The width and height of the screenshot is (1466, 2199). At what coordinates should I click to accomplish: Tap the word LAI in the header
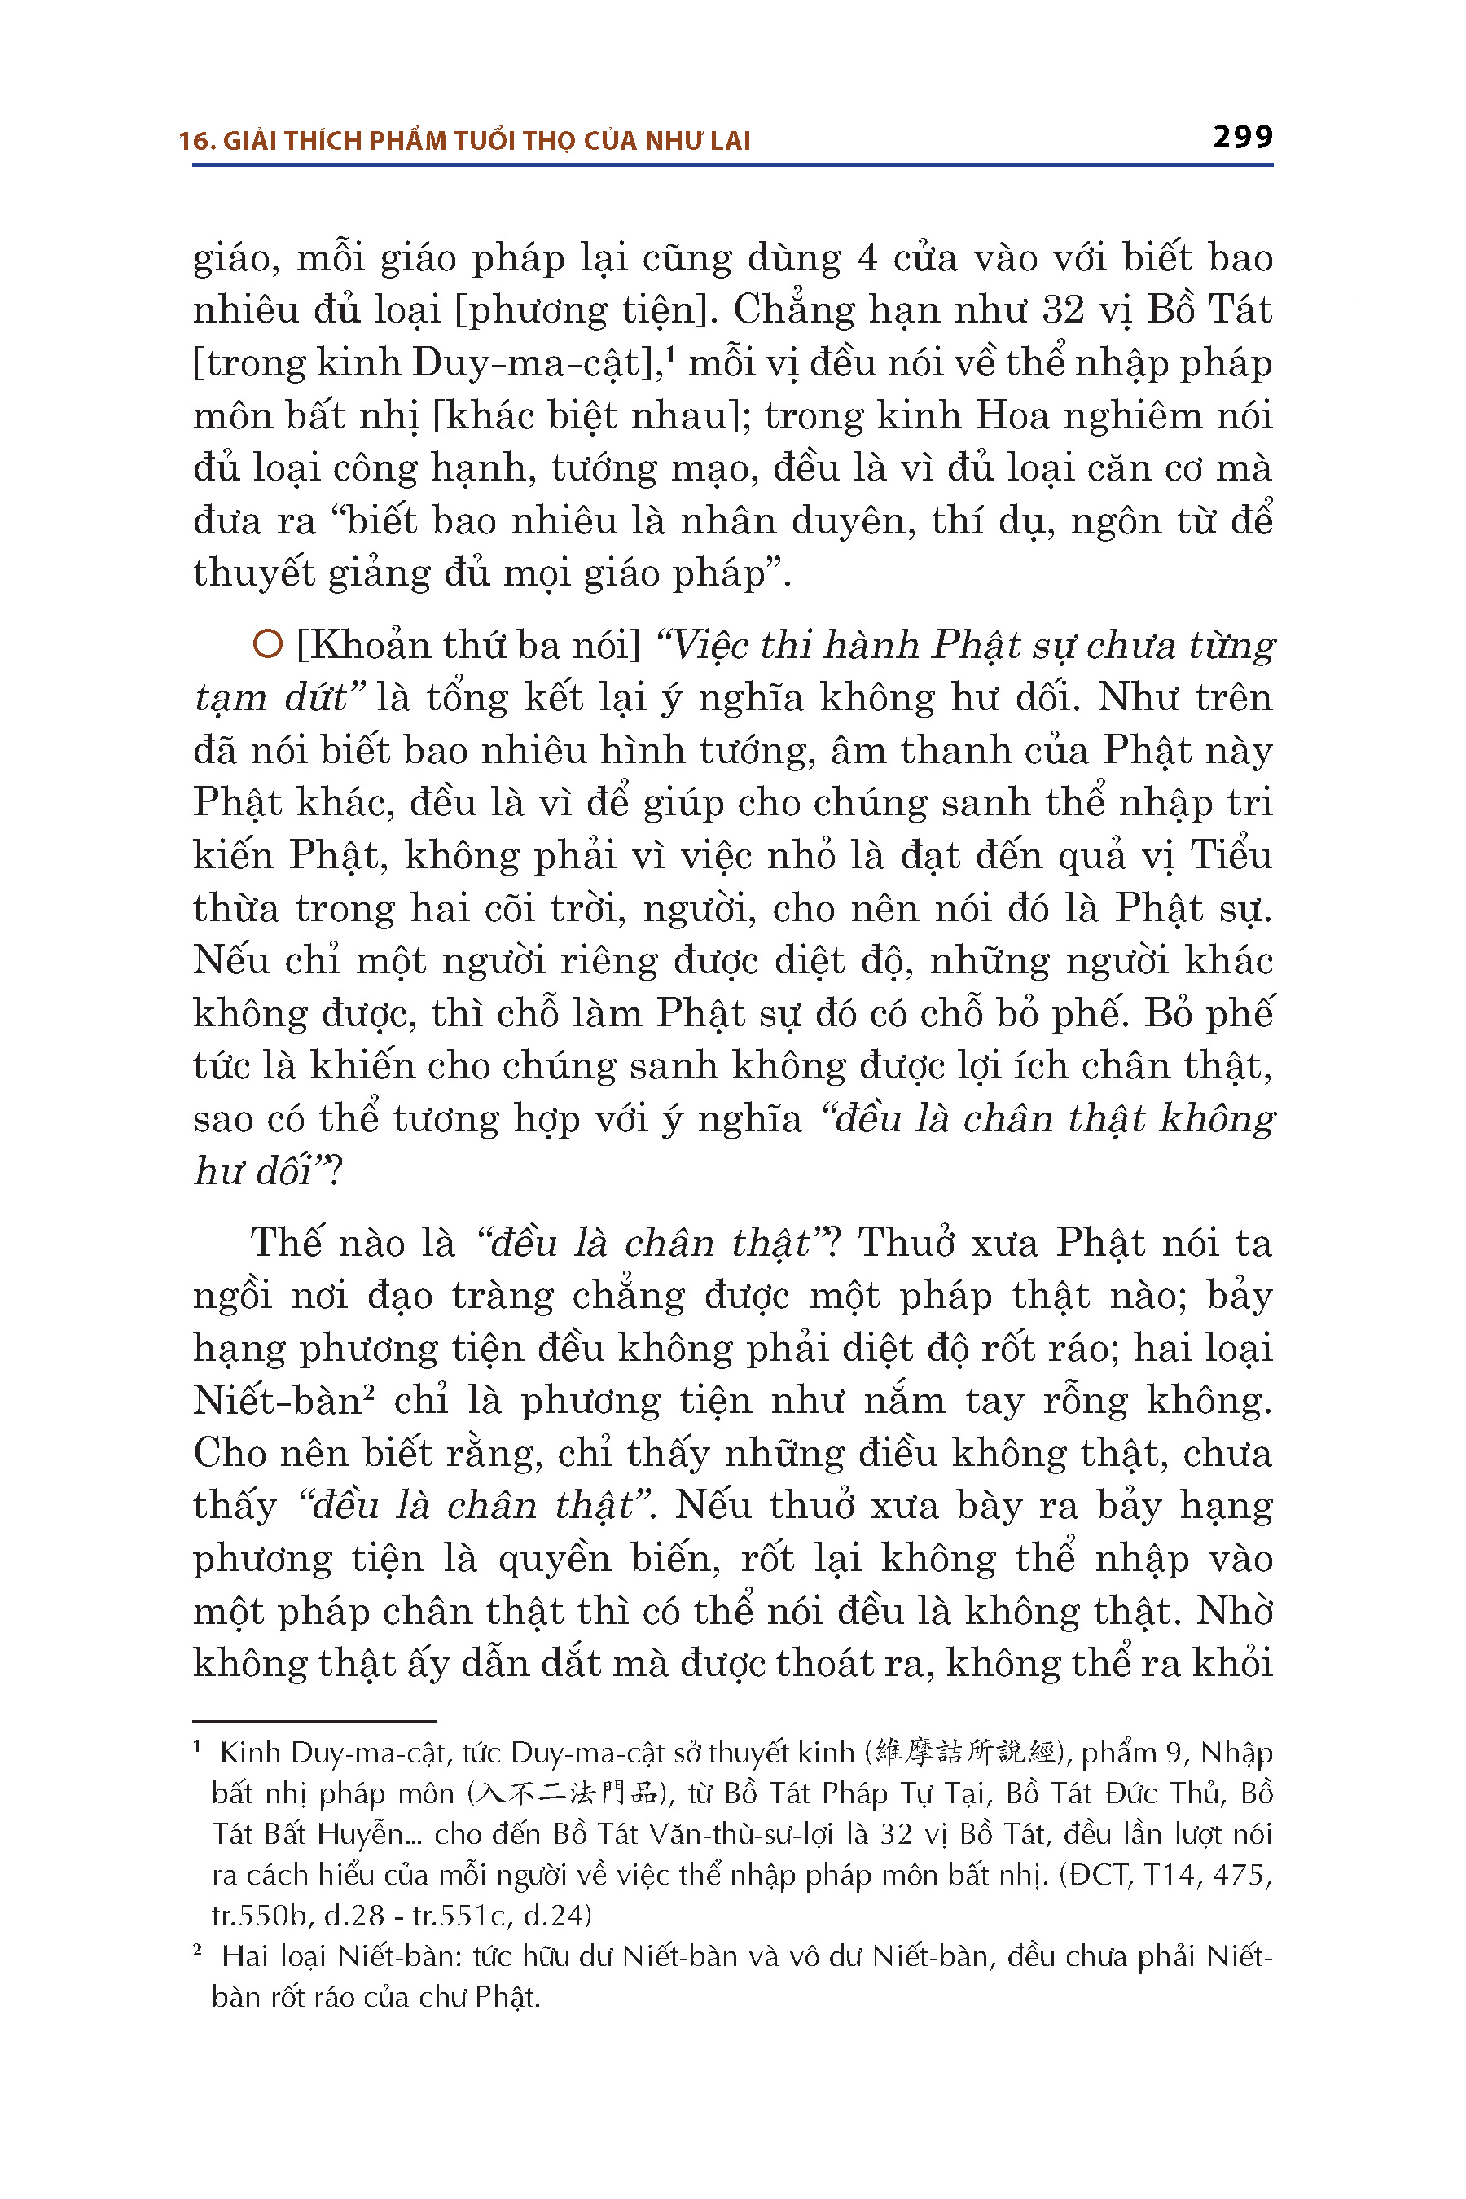pos(729,141)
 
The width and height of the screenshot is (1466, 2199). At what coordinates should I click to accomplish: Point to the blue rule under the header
pos(732,165)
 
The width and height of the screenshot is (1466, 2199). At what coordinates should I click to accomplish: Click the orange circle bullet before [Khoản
pos(267,644)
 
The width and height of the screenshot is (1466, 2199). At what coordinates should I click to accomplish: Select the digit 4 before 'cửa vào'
pos(867,258)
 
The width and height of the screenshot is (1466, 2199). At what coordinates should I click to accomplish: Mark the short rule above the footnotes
pos(314,1721)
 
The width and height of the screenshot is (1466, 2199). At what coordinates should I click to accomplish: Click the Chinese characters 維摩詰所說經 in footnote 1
pos(966,1752)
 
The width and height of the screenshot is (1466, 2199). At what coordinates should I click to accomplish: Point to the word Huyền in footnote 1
pos(359,1833)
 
